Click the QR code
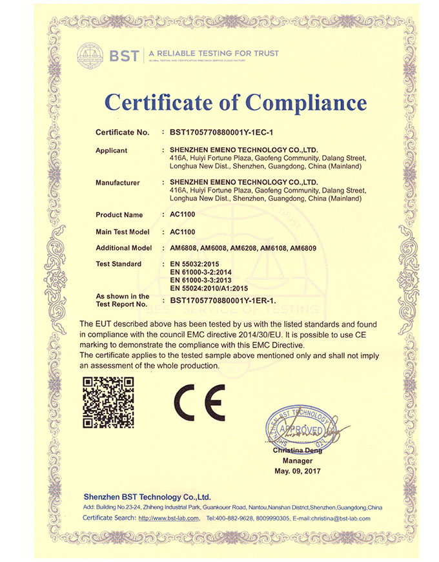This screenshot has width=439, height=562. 108,402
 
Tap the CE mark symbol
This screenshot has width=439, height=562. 199,402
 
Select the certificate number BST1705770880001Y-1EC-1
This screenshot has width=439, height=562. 222,132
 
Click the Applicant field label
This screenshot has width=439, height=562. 112,151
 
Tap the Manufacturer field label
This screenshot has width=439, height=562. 117,183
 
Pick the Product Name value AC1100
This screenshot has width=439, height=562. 183,214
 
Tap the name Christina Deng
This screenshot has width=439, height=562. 298,450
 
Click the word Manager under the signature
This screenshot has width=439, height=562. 298,461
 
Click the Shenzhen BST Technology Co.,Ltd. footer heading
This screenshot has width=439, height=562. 147,497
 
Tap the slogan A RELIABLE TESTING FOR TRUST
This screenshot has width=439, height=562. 214,53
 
